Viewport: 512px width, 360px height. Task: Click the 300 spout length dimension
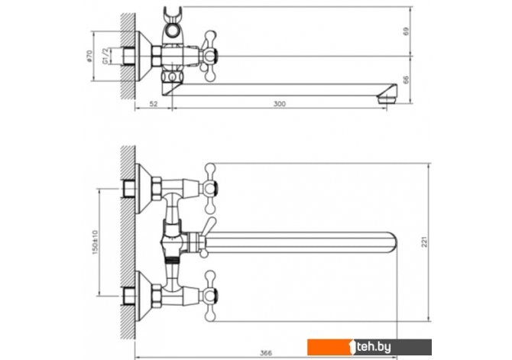(279, 104)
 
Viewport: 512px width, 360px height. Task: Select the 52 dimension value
(154, 104)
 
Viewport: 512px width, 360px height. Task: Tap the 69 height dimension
(406, 31)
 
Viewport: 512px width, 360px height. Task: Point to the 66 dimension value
(406, 79)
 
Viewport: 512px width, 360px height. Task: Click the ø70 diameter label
(89, 57)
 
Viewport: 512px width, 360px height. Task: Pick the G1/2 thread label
(105, 56)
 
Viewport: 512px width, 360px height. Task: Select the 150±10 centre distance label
(95, 242)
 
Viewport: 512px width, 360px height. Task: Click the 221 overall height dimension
(424, 242)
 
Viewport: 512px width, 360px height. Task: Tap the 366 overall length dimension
(266, 353)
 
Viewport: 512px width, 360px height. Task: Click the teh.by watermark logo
(369, 347)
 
